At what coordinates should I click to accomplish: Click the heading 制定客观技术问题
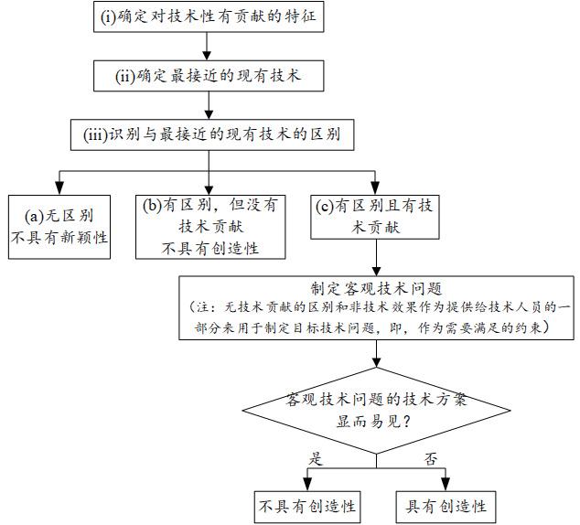coord(377,288)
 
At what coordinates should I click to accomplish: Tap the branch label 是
coord(316,459)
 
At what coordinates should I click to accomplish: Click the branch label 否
coord(431,459)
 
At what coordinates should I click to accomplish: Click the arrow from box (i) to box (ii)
coord(207,47)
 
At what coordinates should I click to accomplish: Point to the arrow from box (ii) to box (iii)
coord(209,105)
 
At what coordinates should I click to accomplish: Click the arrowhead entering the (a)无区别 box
coord(59,188)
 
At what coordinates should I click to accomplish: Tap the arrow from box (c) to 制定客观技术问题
coord(377,257)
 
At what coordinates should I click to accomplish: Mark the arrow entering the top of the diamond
coord(377,353)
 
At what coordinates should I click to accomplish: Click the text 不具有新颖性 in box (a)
coord(59,238)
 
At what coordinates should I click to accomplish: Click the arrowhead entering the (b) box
coord(209,188)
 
